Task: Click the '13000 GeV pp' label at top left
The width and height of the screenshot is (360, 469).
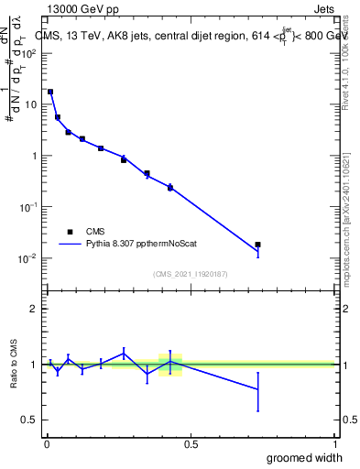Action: click(80, 10)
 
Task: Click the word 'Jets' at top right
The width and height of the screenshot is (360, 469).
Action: click(324, 10)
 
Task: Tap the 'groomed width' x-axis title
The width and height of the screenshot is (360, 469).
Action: click(304, 457)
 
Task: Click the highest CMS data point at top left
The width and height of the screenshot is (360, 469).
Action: click(50, 92)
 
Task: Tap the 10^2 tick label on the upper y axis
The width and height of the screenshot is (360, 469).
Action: click(29, 53)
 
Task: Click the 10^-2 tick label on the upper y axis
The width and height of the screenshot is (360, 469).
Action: click(29, 258)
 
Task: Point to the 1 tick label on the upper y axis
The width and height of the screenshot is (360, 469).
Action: click(35, 156)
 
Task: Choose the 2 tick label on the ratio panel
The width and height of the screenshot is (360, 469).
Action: click(35, 309)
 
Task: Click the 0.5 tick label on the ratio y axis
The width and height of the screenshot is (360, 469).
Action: click(30, 420)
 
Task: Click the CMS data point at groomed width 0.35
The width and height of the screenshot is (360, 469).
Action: click(147, 173)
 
